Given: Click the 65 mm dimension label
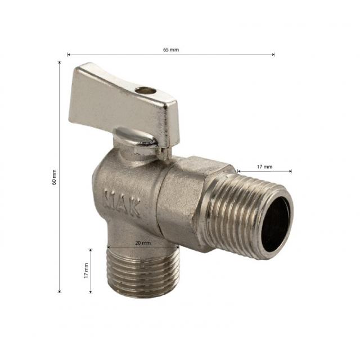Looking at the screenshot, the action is pos(171,49).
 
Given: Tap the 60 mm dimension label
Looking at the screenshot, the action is pos(54,177).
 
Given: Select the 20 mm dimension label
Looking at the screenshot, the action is pos(143,242).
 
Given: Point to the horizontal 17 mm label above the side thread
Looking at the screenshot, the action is pos(264,166).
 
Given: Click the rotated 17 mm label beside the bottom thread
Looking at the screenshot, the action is pos(86,271).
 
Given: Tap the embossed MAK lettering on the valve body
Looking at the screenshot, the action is pos(122,202).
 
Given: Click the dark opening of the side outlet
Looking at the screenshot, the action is pos(276,224).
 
